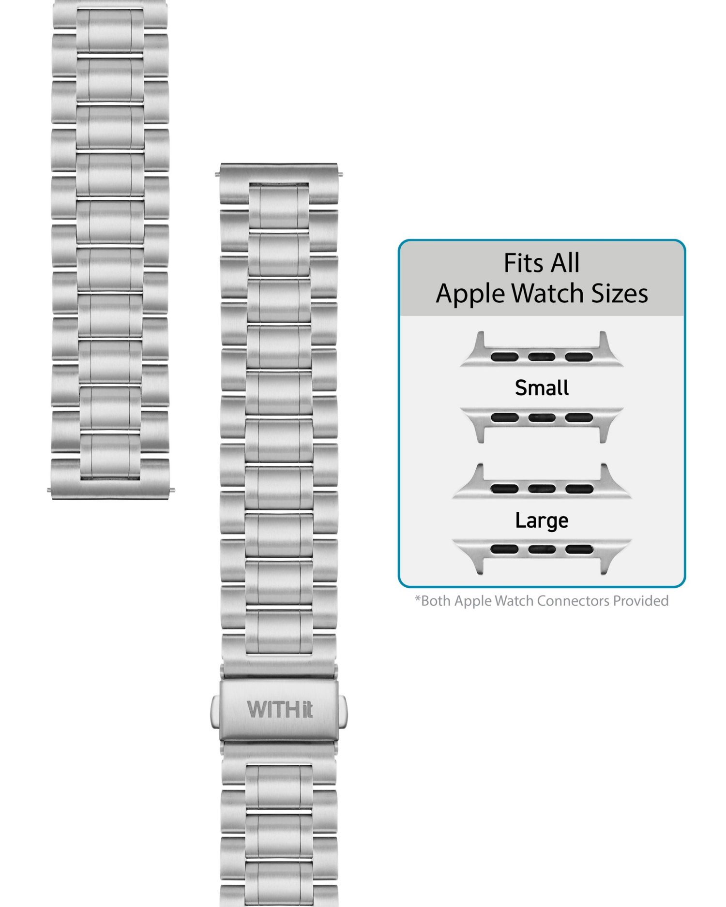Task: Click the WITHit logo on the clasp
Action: coord(279,709)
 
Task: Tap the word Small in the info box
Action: coord(542,387)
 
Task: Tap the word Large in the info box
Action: coord(542,520)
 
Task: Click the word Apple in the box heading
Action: coord(470,294)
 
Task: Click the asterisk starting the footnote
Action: coord(418,599)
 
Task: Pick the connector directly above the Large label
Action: coord(542,484)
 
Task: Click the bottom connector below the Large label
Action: coord(542,554)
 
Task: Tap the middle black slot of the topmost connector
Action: coord(542,357)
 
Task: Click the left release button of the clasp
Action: coord(215,711)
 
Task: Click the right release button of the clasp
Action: coord(344,711)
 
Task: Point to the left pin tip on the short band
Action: coord(49,490)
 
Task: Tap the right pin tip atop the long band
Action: coord(341,174)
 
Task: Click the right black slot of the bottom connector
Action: coord(579,549)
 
